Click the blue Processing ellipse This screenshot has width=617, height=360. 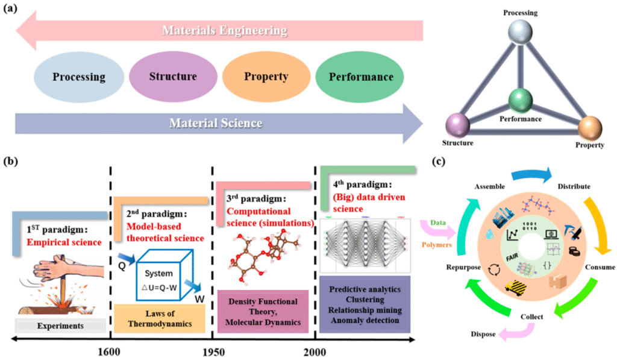pos(79,77)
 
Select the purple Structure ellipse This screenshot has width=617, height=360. pos(173,77)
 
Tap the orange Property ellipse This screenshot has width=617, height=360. pos(266,77)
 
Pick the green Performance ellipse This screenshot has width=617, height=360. pos(360,77)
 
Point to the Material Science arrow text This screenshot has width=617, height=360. pos(216,123)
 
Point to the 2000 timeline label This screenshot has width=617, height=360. pos(313,351)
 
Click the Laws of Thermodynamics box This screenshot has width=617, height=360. pos(160,317)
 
